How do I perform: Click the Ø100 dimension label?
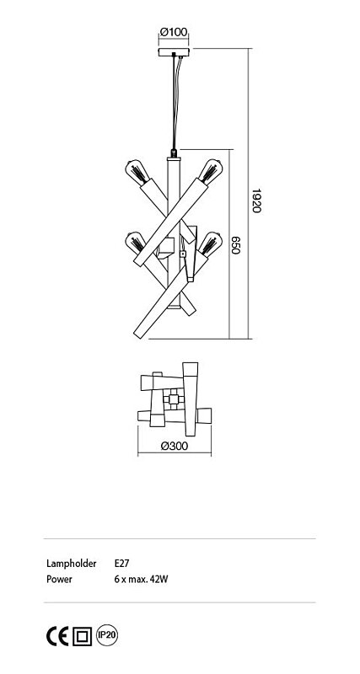point(174,32)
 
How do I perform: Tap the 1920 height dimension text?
point(256,201)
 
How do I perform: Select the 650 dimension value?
point(235,245)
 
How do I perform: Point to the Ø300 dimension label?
point(175,447)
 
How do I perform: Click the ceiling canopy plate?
point(174,52)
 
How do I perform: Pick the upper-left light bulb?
point(137,172)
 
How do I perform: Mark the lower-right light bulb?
point(210,243)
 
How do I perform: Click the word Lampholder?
point(72,564)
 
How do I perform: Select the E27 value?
point(122,563)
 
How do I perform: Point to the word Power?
point(59,579)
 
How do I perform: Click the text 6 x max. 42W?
point(141,579)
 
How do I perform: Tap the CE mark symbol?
point(57,636)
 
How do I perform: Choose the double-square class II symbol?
point(82,636)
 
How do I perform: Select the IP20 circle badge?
point(107,635)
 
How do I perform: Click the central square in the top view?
point(174,399)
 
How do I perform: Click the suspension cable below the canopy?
point(175,102)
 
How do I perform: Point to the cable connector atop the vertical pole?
point(174,153)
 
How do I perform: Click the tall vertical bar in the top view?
point(190,399)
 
